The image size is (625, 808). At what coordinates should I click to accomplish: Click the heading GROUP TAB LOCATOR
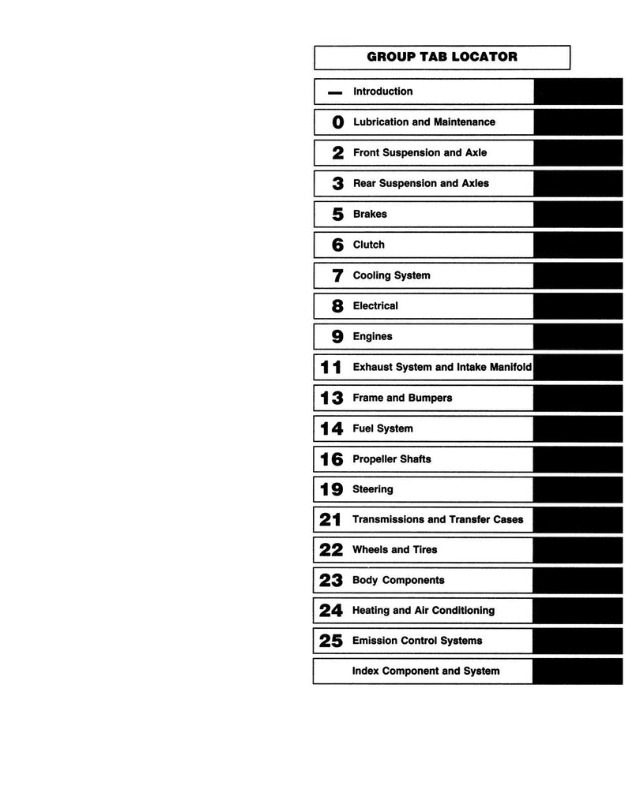(442, 57)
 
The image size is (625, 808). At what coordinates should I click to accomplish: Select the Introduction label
(382, 92)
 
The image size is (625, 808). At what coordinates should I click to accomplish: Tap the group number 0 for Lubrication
(338, 122)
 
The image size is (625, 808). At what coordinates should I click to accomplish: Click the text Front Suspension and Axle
(420, 152)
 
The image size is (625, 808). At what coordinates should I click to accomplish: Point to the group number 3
(338, 184)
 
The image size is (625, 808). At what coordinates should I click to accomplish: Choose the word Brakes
(370, 214)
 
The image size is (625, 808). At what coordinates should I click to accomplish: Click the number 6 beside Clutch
(338, 245)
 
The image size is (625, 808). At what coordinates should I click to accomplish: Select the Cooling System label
(391, 275)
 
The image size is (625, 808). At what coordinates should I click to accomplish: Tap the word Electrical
(375, 305)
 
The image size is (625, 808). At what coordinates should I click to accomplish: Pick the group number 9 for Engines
(338, 337)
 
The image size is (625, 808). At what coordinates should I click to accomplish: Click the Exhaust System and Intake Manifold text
(442, 367)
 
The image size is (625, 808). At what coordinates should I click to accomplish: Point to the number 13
(331, 398)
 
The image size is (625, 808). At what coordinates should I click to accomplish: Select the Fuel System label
(382, 428)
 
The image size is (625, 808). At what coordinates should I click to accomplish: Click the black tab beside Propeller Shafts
(566, 458)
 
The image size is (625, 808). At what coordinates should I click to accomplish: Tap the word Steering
(372, 489)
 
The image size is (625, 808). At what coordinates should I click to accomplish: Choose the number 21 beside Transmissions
(330, 520)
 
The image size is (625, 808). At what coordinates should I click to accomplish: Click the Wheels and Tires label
(394, 550)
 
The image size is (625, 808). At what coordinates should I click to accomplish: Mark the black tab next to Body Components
(566, 580)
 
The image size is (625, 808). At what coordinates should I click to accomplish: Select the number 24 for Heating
(330, 611)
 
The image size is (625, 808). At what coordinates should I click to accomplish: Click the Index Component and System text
(426, 671)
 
